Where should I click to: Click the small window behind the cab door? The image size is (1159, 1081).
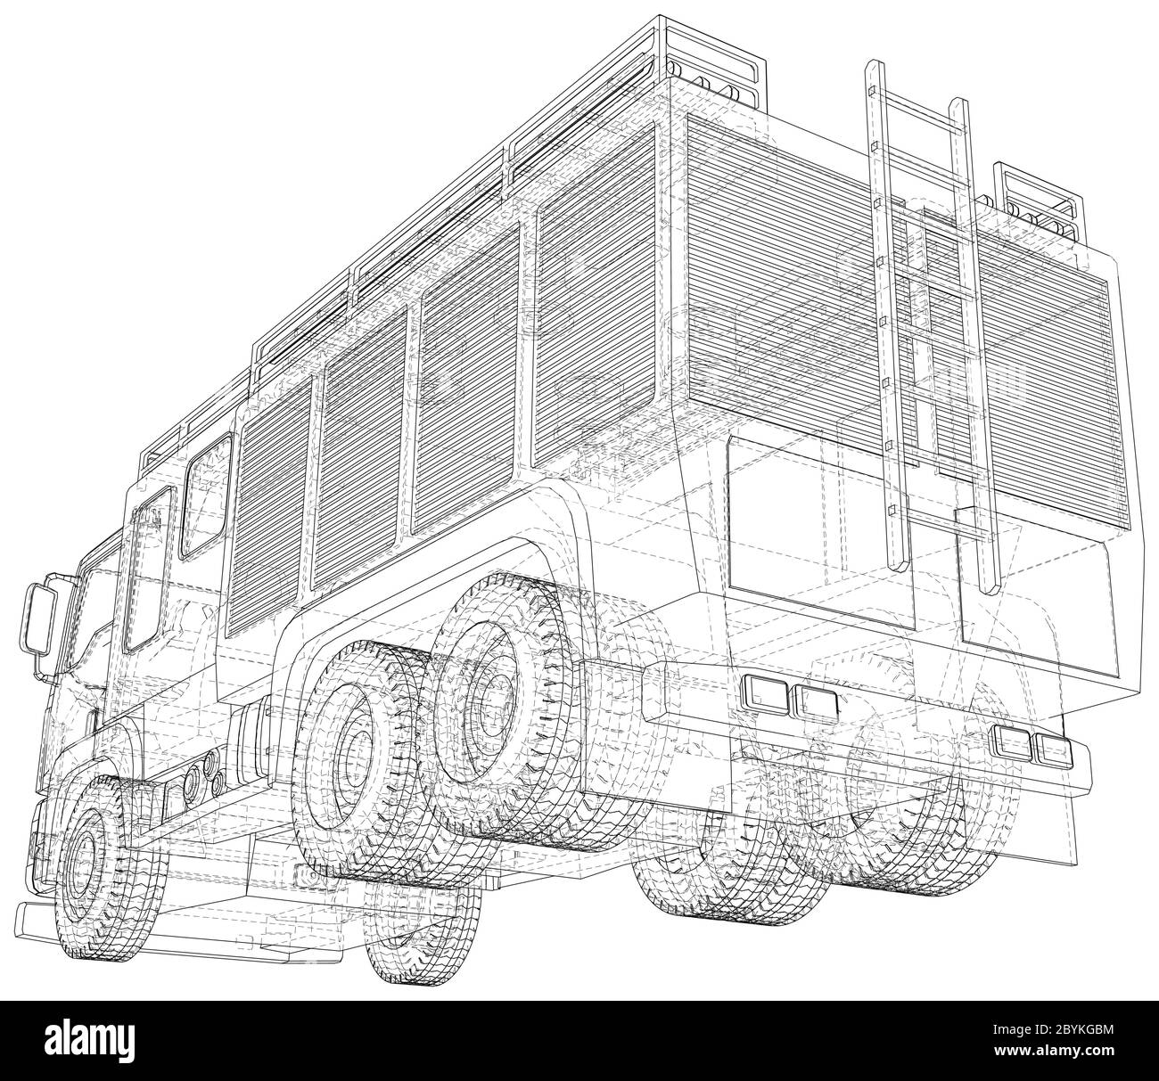[x=205, y=495]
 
